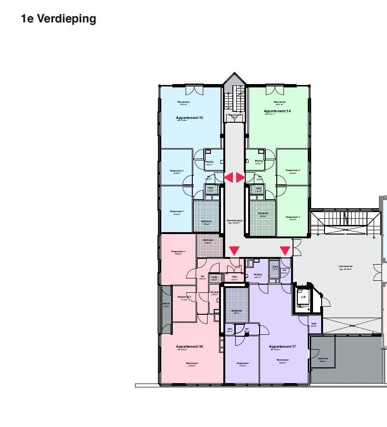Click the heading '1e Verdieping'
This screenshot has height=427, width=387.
(58, 19)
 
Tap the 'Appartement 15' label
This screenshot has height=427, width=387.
(189, 117)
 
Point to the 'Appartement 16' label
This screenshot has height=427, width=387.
(189, 346)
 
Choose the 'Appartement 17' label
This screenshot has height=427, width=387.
(282, 346)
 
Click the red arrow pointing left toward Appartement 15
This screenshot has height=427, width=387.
(229, 177)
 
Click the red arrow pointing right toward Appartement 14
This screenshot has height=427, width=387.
(241, 177)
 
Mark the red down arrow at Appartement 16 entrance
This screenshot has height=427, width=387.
(234, 251)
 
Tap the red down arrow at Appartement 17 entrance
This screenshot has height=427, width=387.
(285, 251)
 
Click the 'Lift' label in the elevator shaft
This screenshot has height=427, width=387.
(303, 296)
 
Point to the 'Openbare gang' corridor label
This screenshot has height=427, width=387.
(234, 221)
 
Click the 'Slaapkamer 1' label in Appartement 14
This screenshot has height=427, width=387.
(293, 217)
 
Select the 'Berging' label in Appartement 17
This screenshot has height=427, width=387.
(258, 274)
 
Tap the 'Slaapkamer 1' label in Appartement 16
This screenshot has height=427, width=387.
(178, 252)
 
